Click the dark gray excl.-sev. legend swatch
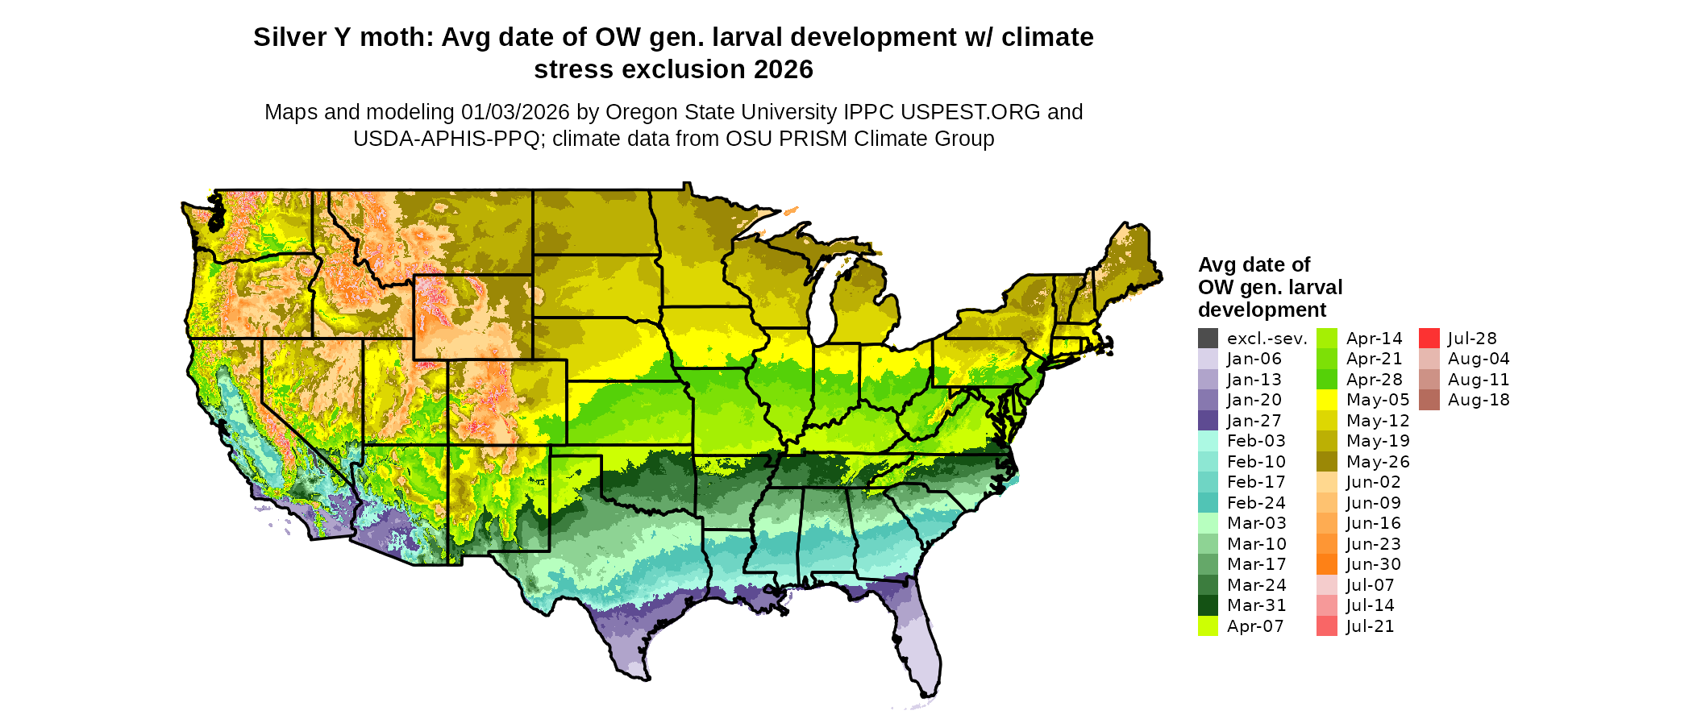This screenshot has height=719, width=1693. tap(1208, 339)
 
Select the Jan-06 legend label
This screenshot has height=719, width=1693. tap(1254, 359)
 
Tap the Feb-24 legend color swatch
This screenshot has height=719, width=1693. tap(1208, 503)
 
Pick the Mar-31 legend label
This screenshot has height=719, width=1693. tap(1256, 605)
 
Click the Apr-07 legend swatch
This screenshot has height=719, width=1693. tap(1208, 626)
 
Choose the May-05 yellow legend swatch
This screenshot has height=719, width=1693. tap(1326, 400)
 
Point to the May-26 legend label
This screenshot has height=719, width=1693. tap(1377, 462)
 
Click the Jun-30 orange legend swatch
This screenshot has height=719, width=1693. tap(1326, 564)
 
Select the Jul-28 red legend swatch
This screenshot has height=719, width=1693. tap(1429, 339)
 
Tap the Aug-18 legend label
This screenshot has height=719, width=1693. tap(1478, 400)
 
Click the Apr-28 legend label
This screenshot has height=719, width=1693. tap(1374, 380)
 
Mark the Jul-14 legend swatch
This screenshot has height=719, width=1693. tap(1326, 605)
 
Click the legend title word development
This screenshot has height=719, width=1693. tap(1262, 310)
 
